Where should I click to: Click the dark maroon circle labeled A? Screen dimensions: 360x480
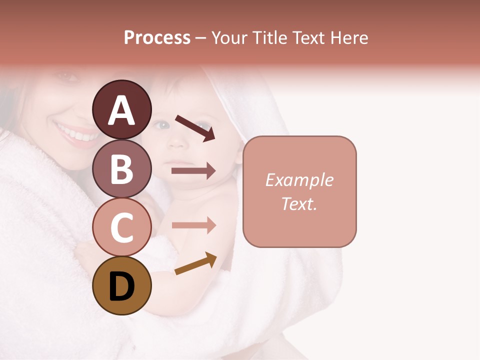pos(121,109)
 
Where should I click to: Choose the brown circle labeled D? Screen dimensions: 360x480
pos(121,285)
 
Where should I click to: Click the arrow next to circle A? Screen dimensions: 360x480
pos(194,127)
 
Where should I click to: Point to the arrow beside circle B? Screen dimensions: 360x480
pos(193,171)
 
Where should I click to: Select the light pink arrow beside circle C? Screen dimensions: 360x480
pos(193,225)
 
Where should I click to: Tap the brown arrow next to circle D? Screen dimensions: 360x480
pos(195,263)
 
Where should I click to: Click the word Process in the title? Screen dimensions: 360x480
pos(157,37)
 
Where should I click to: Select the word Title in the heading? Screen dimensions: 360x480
pos(269,37)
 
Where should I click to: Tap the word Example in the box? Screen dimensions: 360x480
pos(299,180)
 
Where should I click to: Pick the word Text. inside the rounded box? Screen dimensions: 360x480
pos(299,203)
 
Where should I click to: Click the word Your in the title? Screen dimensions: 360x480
pos(230,37)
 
